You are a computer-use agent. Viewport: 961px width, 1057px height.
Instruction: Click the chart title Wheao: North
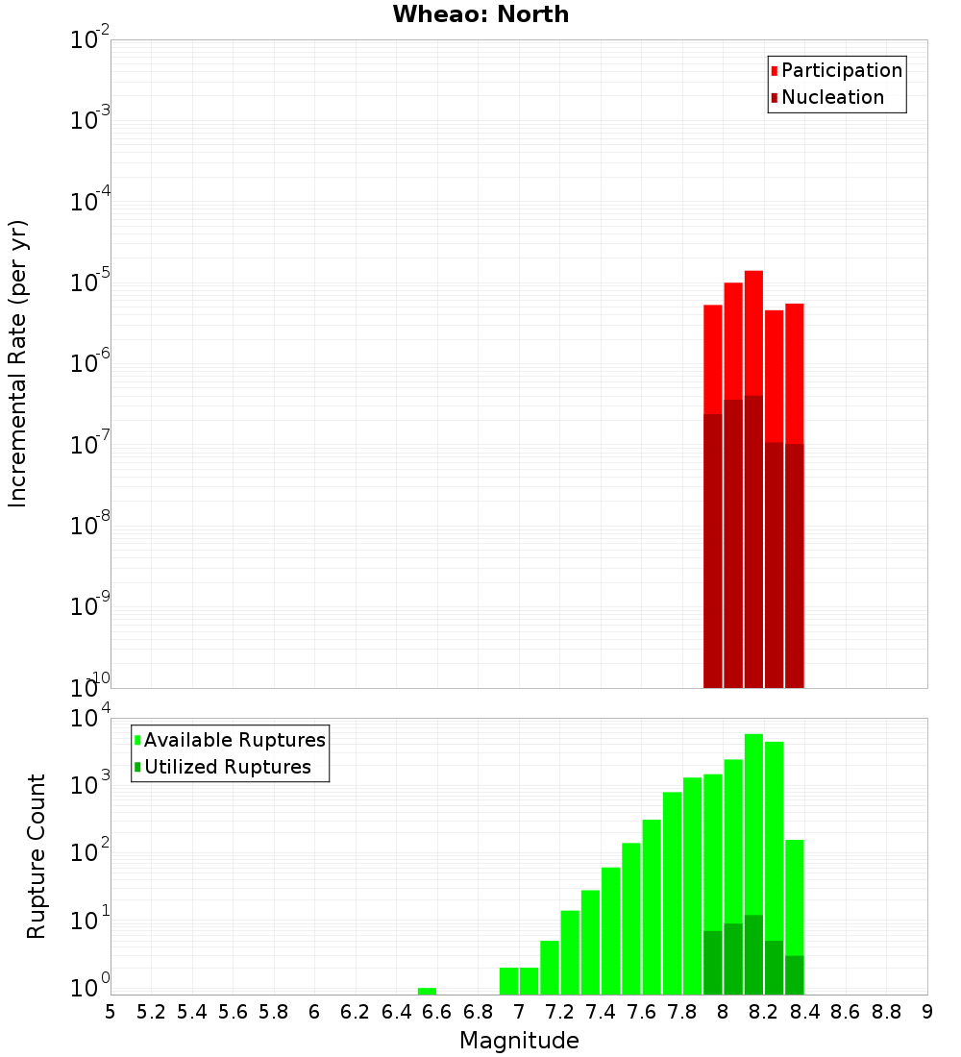[480, 14]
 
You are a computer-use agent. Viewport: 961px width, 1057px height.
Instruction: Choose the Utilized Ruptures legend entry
[227, 767]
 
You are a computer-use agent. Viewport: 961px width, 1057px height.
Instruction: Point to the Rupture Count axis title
[37, 856]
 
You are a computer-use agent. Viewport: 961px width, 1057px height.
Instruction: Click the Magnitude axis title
[519, 1041]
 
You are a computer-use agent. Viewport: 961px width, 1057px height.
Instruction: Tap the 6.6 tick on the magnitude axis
[437, 1012]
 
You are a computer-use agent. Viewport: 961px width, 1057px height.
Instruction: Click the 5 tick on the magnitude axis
[111, 1012]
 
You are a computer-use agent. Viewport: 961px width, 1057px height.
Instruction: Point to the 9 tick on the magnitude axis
[927, 1012]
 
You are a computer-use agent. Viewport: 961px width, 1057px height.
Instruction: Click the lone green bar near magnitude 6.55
[427, 991]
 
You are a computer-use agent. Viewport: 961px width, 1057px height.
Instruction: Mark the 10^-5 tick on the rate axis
[91, 283]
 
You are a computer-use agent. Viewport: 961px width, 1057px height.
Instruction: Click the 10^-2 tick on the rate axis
[91, 40]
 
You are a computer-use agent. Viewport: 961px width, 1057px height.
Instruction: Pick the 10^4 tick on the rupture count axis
[91, 719]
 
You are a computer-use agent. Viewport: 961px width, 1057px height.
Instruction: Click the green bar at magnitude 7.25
[570, 951]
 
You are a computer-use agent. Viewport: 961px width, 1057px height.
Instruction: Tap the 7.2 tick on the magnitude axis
[560, 1012]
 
